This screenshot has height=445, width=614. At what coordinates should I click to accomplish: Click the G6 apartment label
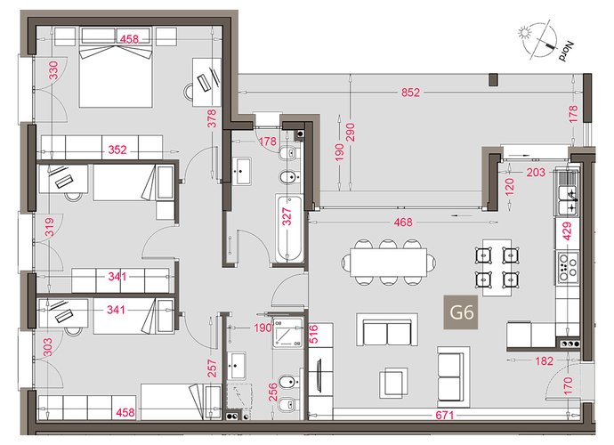pyautogui.click(x=461, y=312)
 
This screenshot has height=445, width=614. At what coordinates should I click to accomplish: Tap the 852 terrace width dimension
pyautogui.click(x=410, y=93)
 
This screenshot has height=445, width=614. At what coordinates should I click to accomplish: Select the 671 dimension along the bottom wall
pyautogui.click(x=444, y=415)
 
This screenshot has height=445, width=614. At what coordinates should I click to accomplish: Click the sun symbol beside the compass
pyautogui.click(x=524, y=32)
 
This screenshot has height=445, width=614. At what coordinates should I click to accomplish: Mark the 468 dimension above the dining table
pyautogui.click(x=403, y=222)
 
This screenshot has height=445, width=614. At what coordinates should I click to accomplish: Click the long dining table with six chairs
pyautogui.click(x=388, y=262)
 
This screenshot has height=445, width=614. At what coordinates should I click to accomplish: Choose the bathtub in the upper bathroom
pyautogui.click(x=289, y=229)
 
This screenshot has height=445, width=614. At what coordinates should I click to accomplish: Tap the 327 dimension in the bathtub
pyautogui.click(x=287, y=216)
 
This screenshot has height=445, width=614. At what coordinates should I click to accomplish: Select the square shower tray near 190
pyautogui.click(x=288, y=333)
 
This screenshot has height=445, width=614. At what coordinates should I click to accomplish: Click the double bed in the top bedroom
pyautogui.click(x=116, y=67)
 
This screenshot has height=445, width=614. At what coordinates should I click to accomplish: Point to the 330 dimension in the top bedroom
pyautogui.click(x=53, y=70)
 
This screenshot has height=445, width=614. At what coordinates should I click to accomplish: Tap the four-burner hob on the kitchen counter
pyautogui.click(x=568, y=267)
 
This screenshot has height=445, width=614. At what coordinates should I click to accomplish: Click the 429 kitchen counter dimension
pyautogui.click(x=567, y=231)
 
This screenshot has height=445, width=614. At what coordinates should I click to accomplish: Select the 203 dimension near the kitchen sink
pyautogui.click(x=536, y=172)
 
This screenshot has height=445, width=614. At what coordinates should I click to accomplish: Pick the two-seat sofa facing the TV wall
pyautogui.click(x=387, y=329)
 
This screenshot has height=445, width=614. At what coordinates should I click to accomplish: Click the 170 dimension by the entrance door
pyautogui.click(x=569, y=385)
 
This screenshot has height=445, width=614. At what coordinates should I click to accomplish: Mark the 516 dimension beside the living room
pyautogui.click(x=314, y=334)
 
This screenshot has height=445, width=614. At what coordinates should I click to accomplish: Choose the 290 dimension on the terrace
pyautogui.click(x=350, y=132)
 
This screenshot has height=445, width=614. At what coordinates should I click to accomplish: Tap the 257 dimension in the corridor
pyautogui.click(x=212, y=368)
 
